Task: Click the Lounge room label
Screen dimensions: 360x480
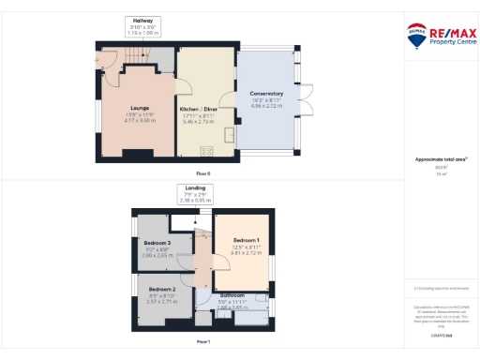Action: coord(138,109)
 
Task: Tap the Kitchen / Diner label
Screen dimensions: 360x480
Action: coord(204,110)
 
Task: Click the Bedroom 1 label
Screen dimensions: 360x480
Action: coord(247,241)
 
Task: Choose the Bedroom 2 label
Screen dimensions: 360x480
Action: coord(161,290)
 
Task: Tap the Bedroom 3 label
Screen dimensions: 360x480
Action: coord(156,242)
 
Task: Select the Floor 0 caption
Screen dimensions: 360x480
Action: coord(202,174)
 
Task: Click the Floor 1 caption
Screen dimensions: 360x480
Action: coord(202,341)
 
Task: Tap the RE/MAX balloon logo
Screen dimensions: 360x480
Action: coord(415,36)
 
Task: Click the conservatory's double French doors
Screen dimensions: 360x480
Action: coord(304,99)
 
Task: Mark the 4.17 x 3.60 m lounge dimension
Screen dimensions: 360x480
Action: coord(138,120)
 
